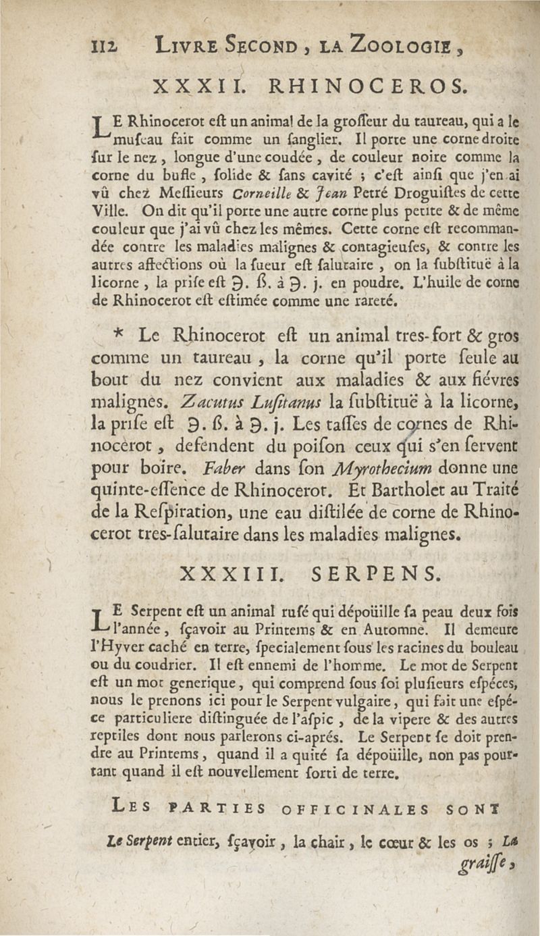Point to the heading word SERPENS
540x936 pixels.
pyautogui.click(x=377, y=573)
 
